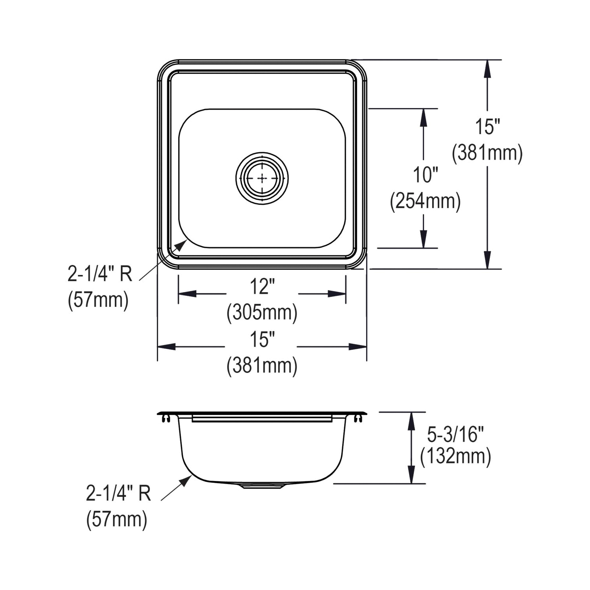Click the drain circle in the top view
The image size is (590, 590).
262,178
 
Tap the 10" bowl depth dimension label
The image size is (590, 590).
425,175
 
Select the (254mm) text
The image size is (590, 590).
425,202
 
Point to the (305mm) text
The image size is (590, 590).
262,313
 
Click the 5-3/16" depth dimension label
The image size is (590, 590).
455,435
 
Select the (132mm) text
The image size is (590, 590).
455,457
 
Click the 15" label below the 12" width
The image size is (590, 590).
262,339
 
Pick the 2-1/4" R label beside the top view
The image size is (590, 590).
100,274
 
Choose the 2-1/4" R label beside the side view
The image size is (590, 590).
118,493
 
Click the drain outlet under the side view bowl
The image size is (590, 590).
262,486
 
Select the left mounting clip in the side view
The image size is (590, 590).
166,419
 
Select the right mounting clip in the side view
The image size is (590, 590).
358,419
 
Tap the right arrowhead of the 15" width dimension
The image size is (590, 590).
358,347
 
